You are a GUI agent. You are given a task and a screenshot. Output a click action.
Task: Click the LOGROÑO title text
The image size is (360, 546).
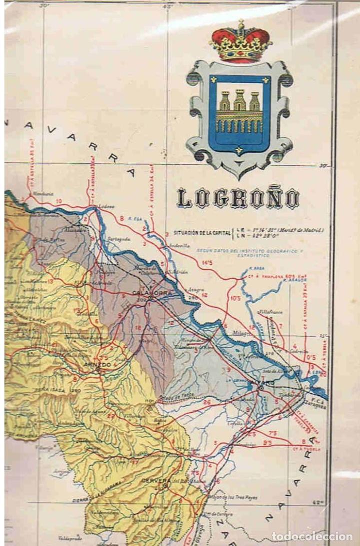(x=239, y=199)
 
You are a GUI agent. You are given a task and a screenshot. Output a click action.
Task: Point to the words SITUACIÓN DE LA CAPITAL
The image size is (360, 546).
(x=201, y=233)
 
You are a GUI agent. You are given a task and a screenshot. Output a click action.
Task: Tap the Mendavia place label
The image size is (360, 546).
(x=37, y=194)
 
